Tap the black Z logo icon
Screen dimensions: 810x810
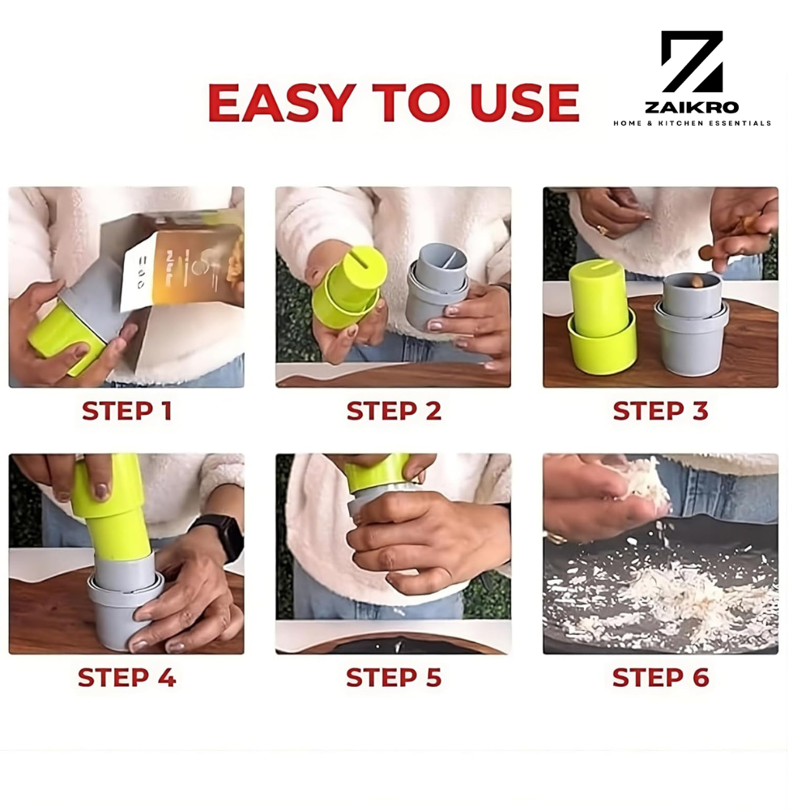coord(691,62)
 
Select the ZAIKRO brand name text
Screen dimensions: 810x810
coord(691,107)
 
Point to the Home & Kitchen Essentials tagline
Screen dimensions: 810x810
coord(691,123)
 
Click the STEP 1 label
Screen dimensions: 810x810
coord(126,411)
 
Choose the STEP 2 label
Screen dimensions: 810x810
coord(394,411)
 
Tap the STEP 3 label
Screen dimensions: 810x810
coord(660,411)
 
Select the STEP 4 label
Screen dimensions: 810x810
coord(126,677)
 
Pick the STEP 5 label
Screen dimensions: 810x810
coord(394,677)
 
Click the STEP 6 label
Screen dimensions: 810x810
coord(660,677)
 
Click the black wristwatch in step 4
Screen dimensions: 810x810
coord(220,535)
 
